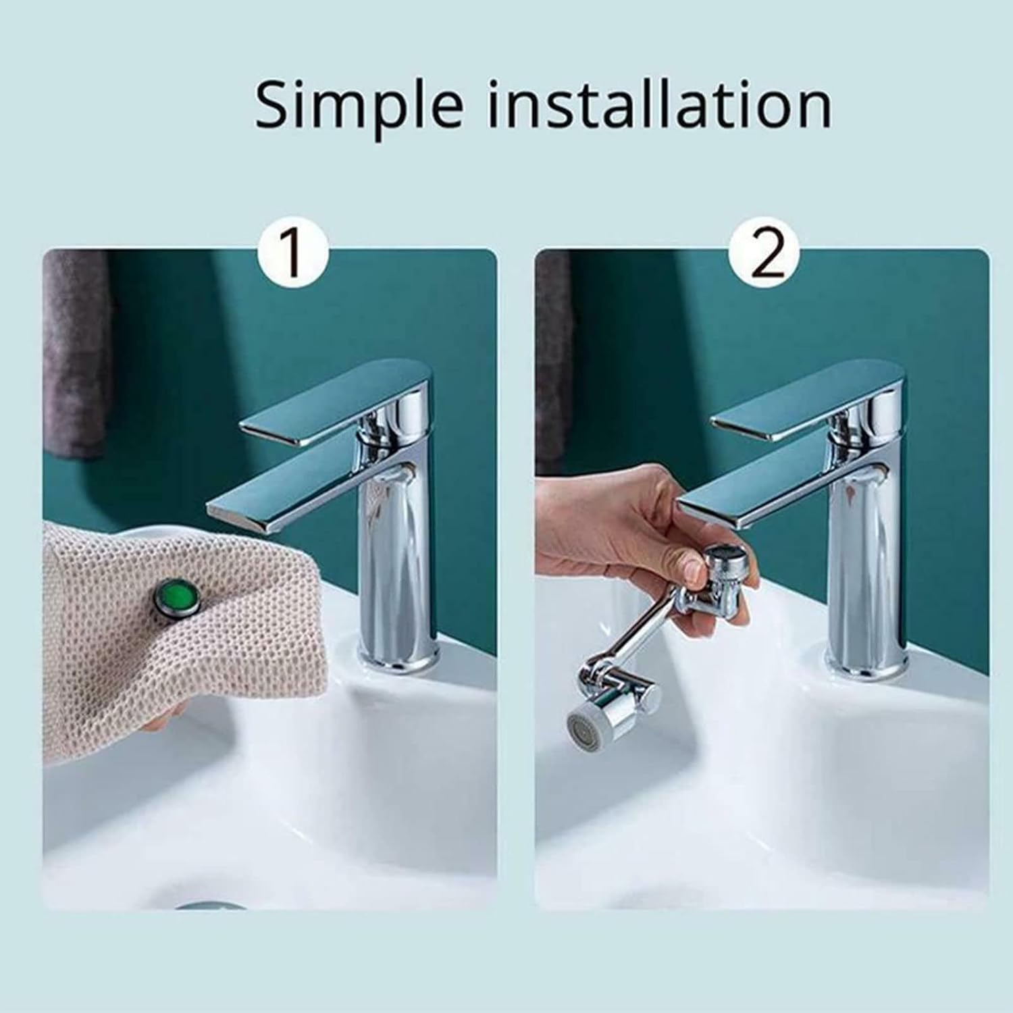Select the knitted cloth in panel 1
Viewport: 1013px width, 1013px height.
pyautogui.click(x=169, y=648)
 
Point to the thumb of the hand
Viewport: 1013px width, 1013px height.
pyautogui.click(x=682, y=567)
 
